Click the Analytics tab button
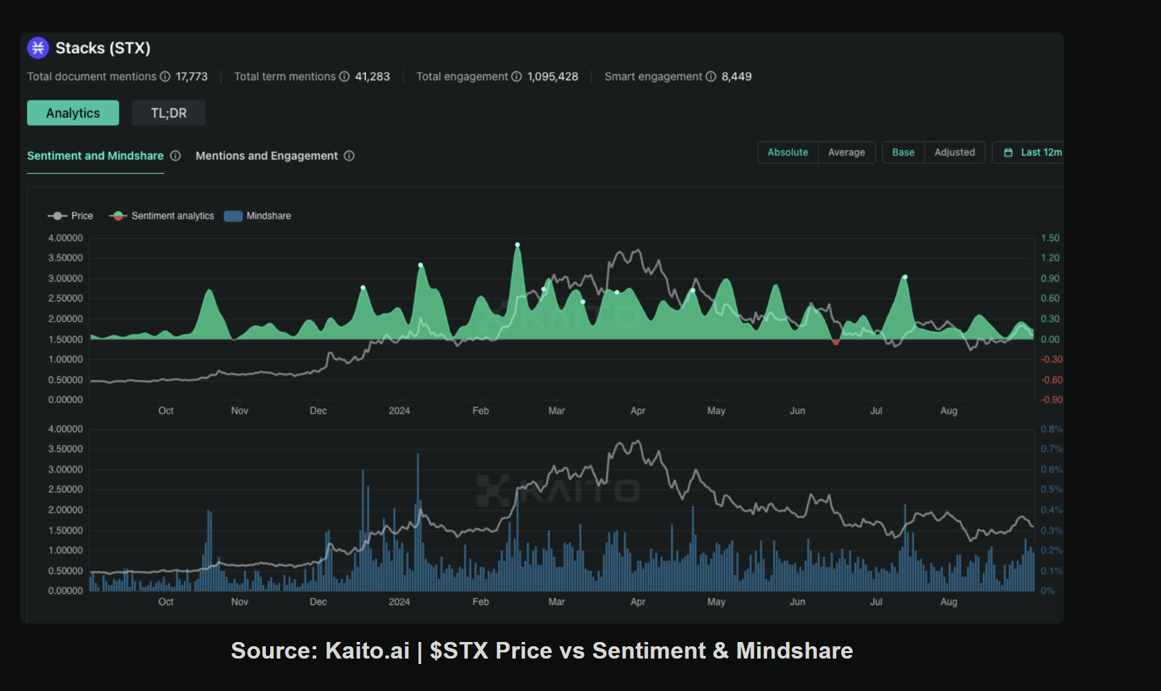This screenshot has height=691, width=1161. point(73,113)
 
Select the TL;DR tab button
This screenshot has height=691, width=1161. point(168,113)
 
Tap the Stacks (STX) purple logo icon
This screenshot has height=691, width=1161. point(38,48)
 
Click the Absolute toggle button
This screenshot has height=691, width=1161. point(787,153)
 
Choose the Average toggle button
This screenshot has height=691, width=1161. point(846,153)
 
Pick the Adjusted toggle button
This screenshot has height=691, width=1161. point(954,153)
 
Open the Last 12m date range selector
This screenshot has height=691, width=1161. point(1034,153)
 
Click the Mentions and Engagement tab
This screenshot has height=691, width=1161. point(267,156)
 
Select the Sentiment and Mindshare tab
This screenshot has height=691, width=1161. point(95,156)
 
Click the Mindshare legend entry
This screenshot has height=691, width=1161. point(258,216)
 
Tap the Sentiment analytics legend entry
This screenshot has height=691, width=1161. point(162,216)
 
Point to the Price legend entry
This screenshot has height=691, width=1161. point(71,216)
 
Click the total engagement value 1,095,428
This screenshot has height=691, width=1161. point(553,77)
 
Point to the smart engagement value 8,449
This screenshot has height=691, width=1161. point(736,77)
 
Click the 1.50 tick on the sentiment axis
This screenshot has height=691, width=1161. point(1049,238)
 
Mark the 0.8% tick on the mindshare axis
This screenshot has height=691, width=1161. point(1051,429)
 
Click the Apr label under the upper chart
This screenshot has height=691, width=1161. point(638,411)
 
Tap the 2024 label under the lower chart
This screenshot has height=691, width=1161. point(399,602)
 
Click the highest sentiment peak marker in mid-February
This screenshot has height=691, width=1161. point(518,245)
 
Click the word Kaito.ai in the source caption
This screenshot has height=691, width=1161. point(367,651)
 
